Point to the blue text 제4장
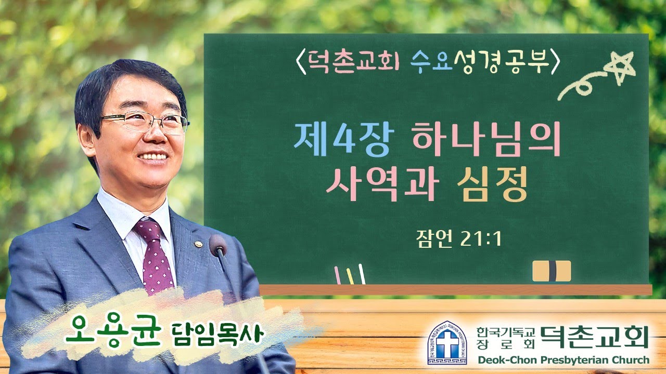point(341,141)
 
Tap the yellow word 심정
point(491,185)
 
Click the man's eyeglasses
point(143,122)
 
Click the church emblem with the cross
point(447,342)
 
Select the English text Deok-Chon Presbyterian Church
point(562,360)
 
